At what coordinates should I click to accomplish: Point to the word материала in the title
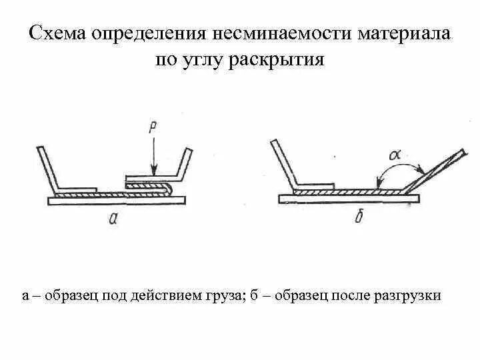point(404,33)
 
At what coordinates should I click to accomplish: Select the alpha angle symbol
point(394,153)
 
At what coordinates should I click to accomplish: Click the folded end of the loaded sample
point(166,188)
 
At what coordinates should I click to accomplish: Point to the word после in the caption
point(354,295)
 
